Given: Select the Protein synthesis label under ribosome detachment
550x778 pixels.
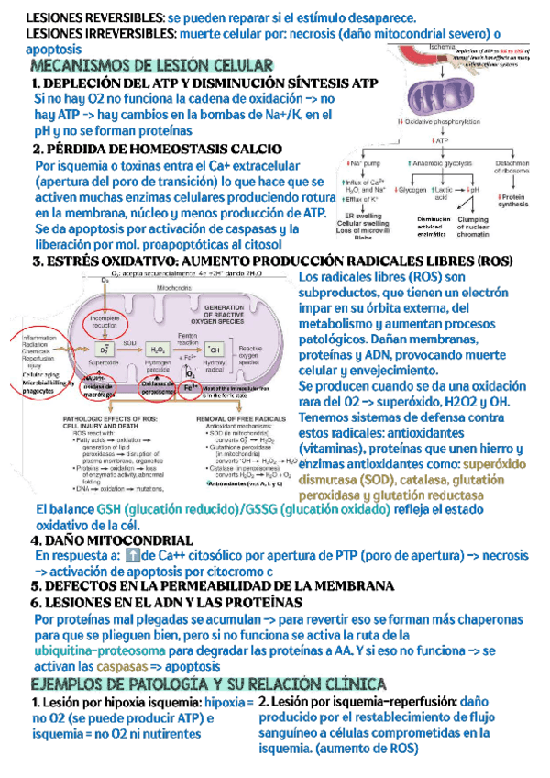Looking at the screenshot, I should [x=514, y=201].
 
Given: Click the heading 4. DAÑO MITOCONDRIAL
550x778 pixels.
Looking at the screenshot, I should [x=111, y=540].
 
